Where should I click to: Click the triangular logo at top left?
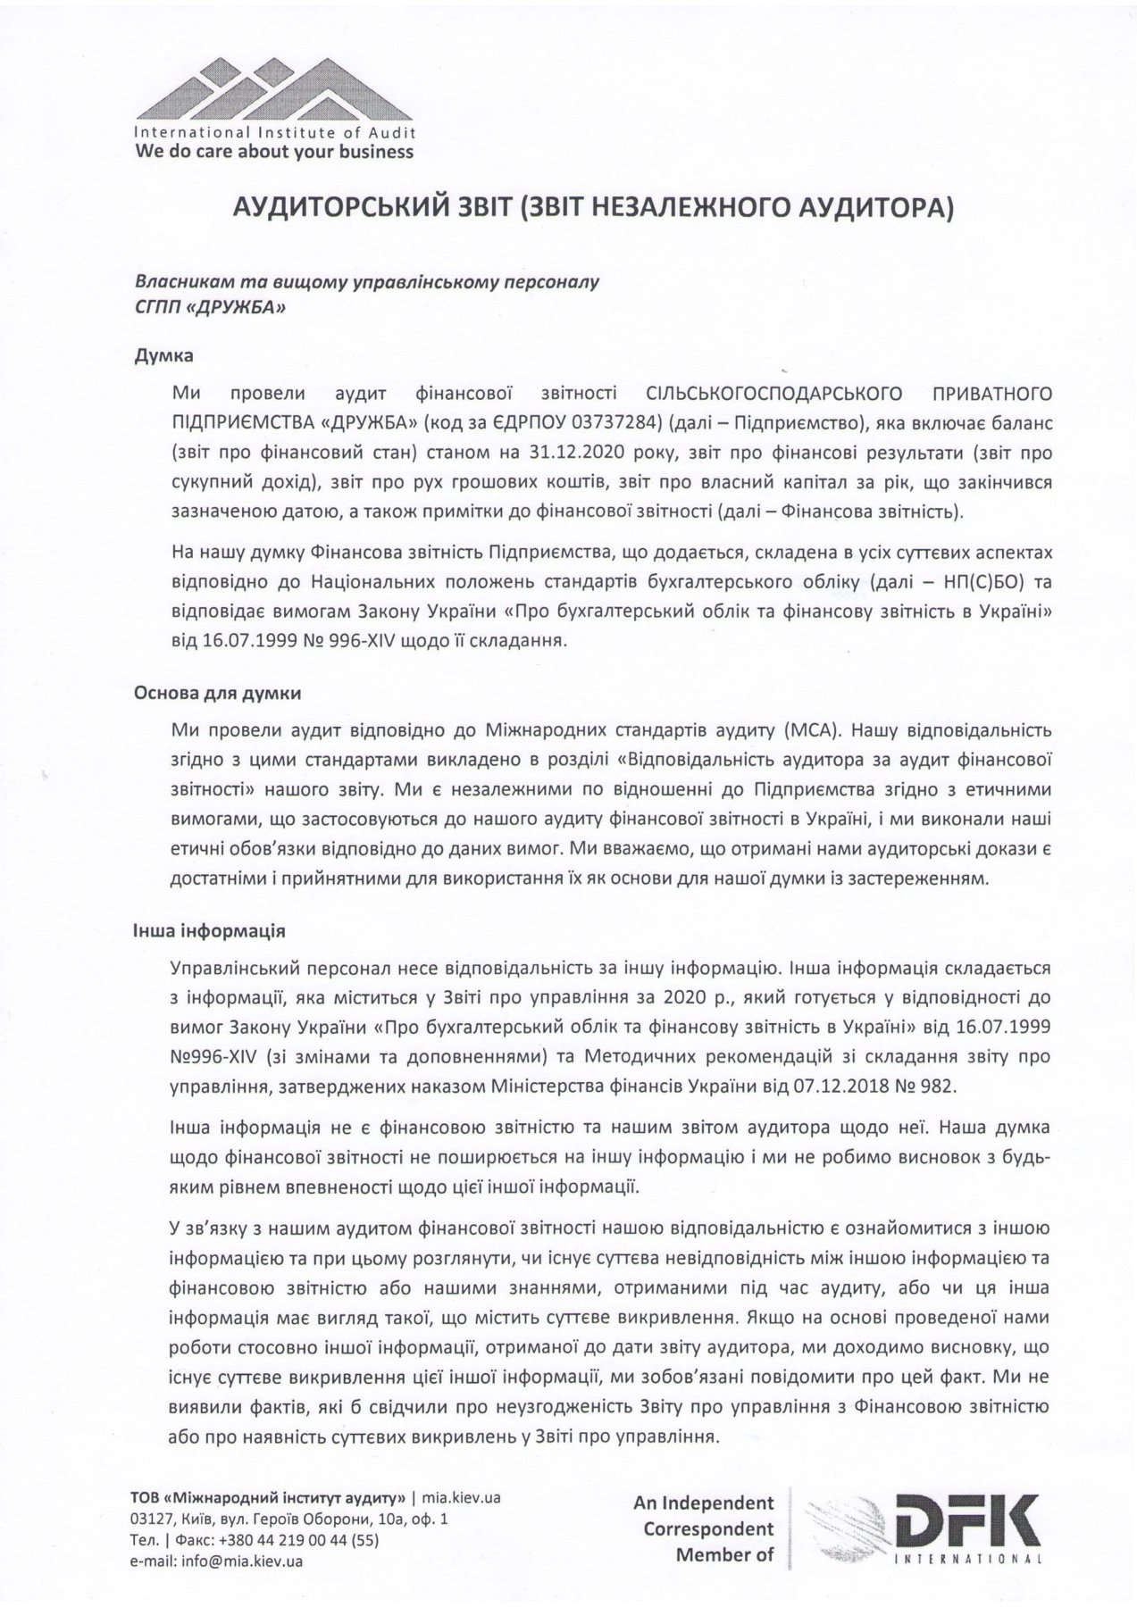[x=273, y=87]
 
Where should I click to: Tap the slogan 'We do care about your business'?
[x=274, y=152]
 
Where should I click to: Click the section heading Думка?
[x=164, y=354]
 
